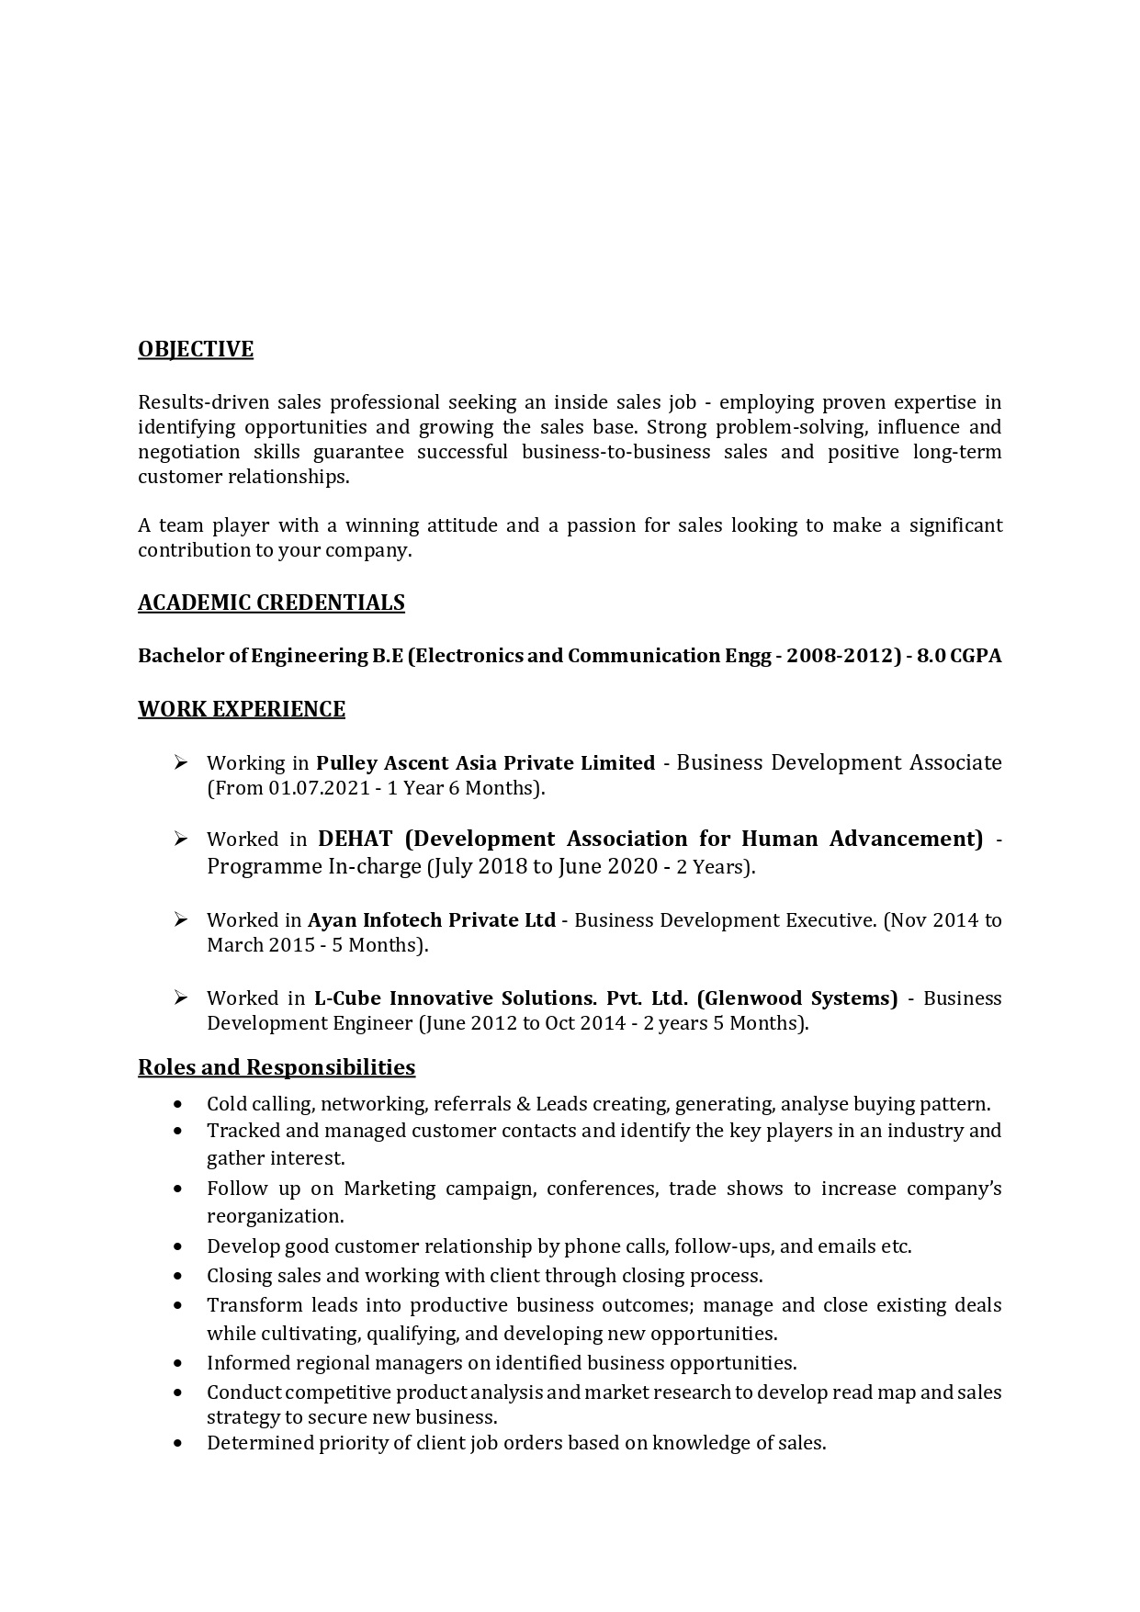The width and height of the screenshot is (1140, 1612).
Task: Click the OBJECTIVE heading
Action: pos(196,349)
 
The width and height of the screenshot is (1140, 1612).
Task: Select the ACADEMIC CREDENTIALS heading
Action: pos(271,603)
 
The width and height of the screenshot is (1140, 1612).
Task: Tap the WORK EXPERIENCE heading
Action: pos(242,709)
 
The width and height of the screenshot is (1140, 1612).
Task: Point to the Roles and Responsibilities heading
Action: pos(277,1067)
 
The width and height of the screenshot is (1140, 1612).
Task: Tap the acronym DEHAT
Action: pos(355,839)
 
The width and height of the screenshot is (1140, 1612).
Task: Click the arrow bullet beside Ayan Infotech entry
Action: pos(180,919)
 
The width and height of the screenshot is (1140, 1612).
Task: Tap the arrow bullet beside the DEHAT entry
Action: pos(180,839)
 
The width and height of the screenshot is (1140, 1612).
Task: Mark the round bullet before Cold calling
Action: pos(177,1105)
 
